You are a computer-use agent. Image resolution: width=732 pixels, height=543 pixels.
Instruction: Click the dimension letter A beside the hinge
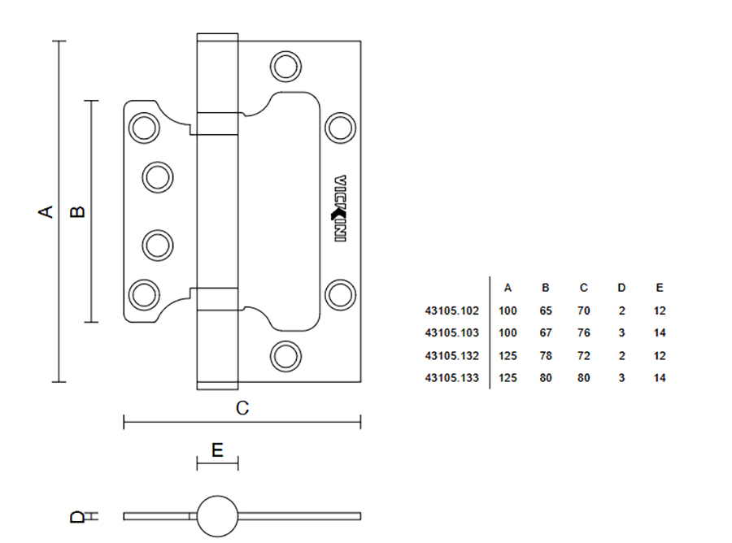pos(47,211)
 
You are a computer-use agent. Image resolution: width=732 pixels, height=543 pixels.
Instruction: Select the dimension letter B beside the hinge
pos(77,211)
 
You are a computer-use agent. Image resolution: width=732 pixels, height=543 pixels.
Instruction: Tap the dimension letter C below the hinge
pos(242,409)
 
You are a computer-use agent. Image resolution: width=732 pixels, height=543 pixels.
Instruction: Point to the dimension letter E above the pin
pos(217,450)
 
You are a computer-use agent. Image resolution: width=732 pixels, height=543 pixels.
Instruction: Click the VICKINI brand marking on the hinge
pos(340,209)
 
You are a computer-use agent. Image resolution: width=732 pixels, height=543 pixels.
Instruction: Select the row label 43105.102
pos(452,311)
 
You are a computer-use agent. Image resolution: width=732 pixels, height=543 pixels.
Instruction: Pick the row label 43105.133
pos(452,378)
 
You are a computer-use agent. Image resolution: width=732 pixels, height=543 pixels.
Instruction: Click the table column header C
pos(584,288)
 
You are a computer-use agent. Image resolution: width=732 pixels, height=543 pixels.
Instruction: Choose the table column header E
pos(660,288)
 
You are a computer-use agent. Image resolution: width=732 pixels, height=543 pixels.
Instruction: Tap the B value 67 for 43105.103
pos(546,333)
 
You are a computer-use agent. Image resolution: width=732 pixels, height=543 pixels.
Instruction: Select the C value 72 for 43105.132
pos(584,356)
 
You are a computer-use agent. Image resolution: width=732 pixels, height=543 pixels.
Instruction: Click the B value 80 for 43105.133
pos(546,378)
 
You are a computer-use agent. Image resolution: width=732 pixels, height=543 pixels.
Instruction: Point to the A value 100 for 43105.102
pos(508,311)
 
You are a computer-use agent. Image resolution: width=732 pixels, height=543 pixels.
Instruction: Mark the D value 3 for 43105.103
pos(621,333)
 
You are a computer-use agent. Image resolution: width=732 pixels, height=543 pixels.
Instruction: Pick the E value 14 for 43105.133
pos(660,378)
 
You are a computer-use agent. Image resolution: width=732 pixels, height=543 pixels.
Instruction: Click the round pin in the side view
pos(217,515)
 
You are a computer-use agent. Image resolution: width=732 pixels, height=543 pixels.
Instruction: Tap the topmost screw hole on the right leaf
pos(285,66)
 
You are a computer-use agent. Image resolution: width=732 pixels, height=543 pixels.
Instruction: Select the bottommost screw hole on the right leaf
pos(285,355)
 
